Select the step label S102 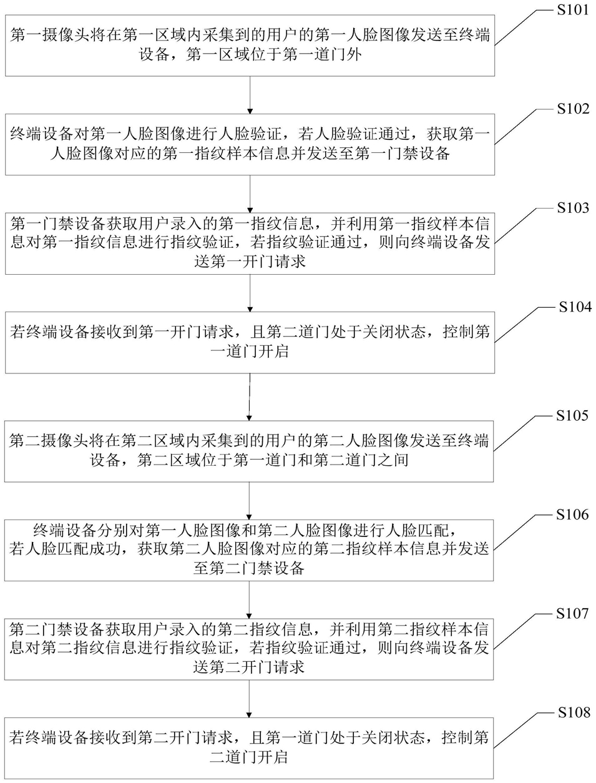(x=573, y=109)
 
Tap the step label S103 (x=573, y=208)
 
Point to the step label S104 (x=575, y=307)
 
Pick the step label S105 (x=572, y=416)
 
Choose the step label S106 (x=572, y=515)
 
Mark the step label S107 (x=572, y=614)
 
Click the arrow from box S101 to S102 (x=250, y=95)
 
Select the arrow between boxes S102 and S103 (x=250, y=194)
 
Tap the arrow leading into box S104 (x=250, y=293)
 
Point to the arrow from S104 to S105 (x=250, y=397)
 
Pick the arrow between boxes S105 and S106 (x=249, y=501)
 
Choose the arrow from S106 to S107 (x=249, y=600)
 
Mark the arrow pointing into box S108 (x=249, y=699)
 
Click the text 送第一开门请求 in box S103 (x=250, y=262)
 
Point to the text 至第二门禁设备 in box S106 (x=249, y=568)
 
